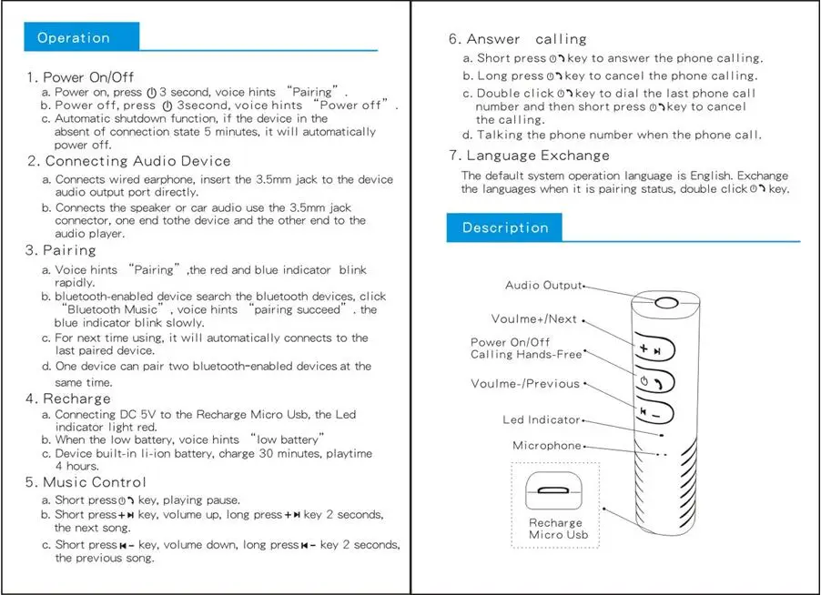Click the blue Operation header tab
(x=82, y=37)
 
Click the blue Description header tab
(x=505, y=227)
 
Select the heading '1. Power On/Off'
(x=81, y=77)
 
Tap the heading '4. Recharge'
(x=68, y=398)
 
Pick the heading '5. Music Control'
(x=86, y=482)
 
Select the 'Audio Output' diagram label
(x=542, y=286)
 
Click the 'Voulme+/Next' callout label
(x=533, y=319)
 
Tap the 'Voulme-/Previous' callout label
(x=525, y=384)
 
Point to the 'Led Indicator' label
(x=541, y=420)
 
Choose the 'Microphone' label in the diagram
(x=546, y=446)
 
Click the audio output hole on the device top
(x=666, y=303)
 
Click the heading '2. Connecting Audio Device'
(x=127, y=161)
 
